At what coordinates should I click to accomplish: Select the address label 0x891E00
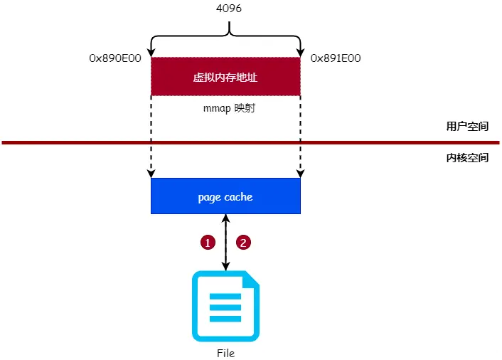(336, 58)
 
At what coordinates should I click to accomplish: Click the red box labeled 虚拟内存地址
(225, 76)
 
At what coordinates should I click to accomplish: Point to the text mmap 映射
(225, 110)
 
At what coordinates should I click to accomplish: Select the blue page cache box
(225, 196)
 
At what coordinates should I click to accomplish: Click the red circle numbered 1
(208, 242)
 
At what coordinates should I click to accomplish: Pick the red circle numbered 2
(244, 242)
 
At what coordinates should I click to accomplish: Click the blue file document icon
(225, 306)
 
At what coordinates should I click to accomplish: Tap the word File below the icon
(225, 353)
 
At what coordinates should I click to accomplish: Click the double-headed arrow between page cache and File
(225, 242)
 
